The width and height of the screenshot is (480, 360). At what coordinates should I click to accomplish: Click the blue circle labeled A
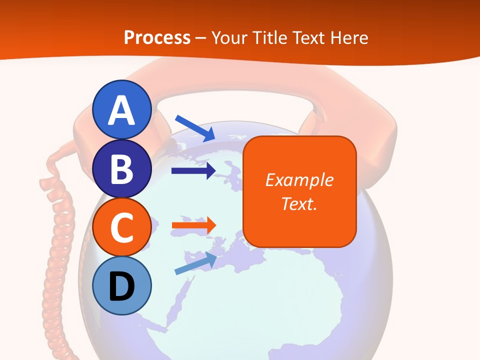122,109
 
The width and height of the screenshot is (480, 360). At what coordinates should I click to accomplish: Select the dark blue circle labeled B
122,168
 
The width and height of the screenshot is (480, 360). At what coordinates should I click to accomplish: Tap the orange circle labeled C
122,227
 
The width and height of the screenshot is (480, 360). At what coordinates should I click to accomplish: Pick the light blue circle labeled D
122,286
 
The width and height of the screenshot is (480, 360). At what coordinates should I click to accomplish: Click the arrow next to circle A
195,127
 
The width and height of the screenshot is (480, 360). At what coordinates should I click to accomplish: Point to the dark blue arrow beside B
193,171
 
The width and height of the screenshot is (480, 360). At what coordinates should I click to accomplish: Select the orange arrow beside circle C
193,225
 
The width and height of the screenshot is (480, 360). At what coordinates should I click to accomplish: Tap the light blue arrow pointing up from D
195,263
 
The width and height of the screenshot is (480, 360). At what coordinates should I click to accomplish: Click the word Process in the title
157,37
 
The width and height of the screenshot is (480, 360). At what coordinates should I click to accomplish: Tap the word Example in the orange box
299,180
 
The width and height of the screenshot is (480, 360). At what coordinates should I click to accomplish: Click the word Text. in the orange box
299,203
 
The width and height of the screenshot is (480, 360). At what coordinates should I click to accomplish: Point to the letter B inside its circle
122,169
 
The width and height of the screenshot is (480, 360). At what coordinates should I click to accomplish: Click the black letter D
122,287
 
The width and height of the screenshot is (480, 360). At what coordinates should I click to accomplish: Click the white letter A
122,110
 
